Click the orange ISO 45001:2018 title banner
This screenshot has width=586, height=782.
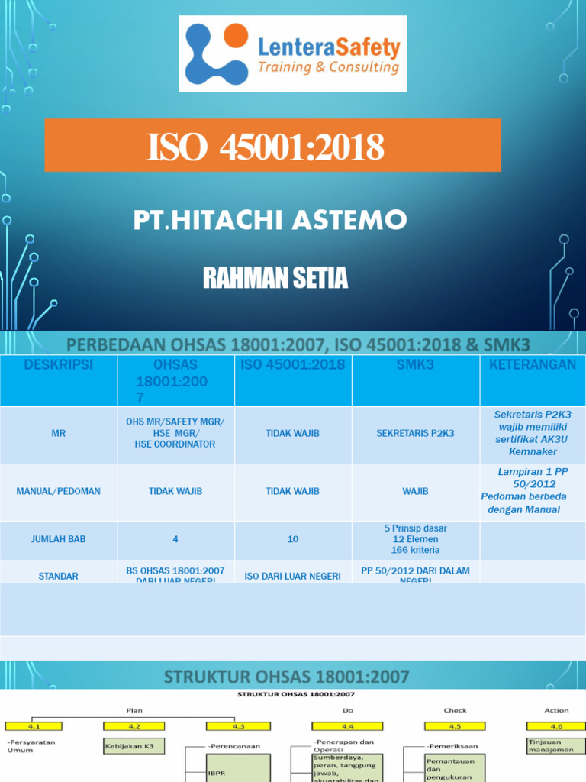(272, 146)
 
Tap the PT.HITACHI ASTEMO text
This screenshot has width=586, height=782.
(270, 221)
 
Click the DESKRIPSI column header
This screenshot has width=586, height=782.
(58, 365)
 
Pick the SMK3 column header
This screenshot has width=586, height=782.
(415, 365)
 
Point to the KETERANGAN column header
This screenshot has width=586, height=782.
(532, 365)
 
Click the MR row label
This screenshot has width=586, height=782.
(58, 433)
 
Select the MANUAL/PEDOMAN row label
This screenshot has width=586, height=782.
(58, 491)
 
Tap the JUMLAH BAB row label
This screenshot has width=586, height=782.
(58, 539)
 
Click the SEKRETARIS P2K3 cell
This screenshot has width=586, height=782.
(415, 433)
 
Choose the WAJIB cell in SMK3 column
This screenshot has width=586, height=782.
(415, 491)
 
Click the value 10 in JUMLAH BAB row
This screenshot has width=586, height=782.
(293, 539)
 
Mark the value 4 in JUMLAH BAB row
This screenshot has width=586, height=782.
(175, 539)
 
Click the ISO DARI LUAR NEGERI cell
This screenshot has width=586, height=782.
(293, 576)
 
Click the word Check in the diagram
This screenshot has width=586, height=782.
(456, 710)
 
